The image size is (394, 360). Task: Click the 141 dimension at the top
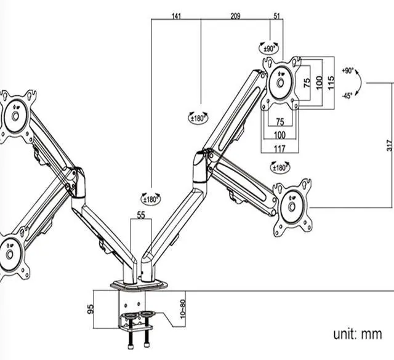point(176,16)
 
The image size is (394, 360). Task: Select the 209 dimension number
point(235,16)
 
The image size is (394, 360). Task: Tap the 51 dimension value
point(276,16)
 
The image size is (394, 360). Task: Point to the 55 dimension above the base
point(141,215)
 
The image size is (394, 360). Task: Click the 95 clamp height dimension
point(90,309)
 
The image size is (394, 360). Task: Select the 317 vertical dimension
point(389,145)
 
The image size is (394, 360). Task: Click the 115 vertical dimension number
point(331,82)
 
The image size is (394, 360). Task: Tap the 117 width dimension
point(279,149)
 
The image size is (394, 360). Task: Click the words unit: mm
point(358,334)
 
